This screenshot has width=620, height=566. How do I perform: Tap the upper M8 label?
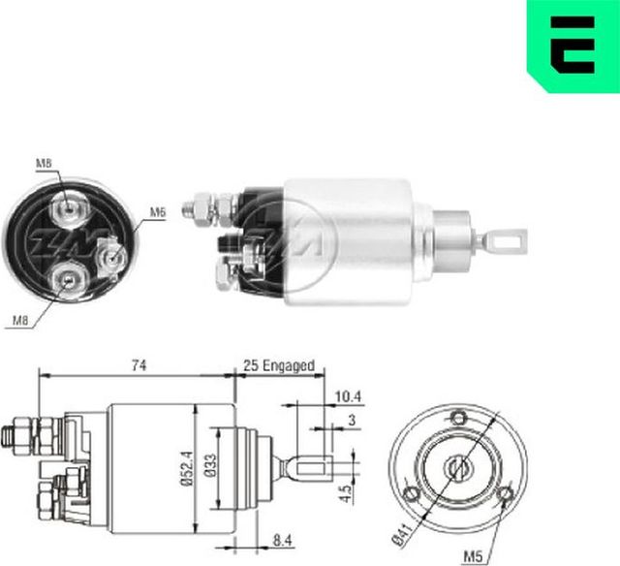click(46, 164)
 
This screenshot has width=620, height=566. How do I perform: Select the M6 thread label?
click(157, 211)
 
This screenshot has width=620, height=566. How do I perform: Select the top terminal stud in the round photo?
click(67, 207)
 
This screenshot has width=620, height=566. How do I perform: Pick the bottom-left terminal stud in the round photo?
click(67, 280)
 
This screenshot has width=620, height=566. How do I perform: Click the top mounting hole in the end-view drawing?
click(460, 417)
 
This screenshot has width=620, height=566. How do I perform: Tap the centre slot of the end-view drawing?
click(459, 467)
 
